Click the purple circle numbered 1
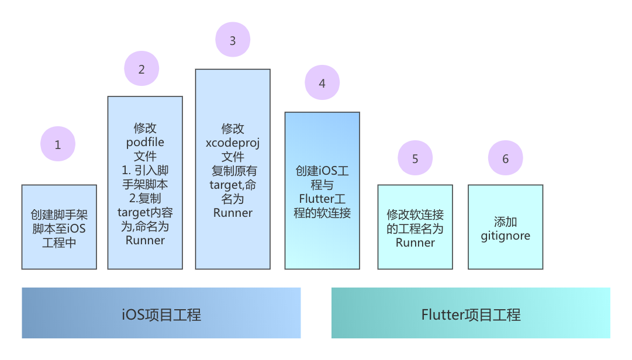58,144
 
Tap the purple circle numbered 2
141,68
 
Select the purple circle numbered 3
233,40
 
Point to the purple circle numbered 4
322,82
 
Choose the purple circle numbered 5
415,158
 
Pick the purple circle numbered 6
506,158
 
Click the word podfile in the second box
145,143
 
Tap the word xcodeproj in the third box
233,143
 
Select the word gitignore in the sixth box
506,236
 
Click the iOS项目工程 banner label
161,314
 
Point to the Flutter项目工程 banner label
471,314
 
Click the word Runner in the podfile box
145,240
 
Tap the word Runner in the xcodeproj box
233,213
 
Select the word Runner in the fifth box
415,243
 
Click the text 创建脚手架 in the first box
59,214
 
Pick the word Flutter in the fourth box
316,199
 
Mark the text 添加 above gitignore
506,222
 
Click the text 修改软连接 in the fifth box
415,214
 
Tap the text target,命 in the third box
233,185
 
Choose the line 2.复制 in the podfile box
145,198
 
